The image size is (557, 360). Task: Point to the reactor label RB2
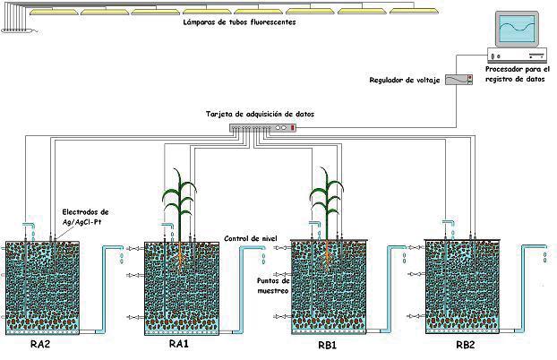point(466,344)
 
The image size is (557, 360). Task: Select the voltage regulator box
point(458,81)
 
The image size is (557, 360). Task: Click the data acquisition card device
point(261,128)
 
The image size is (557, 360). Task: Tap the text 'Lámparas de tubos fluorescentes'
point(238,23)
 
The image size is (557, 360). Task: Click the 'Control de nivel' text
point(246,239)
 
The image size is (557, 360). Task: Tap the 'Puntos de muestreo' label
point(274,285)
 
